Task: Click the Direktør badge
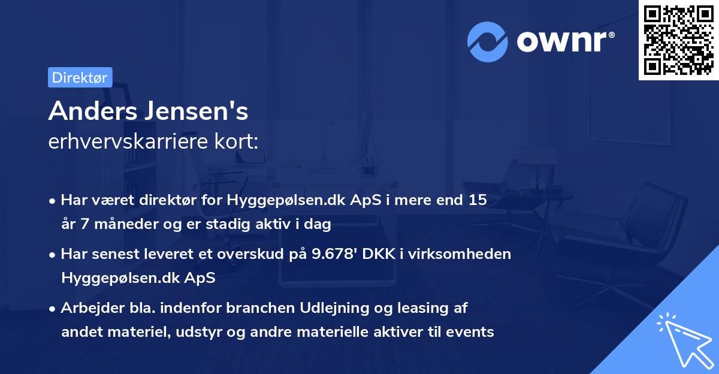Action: coord(80,77)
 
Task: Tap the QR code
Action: coord(678,40)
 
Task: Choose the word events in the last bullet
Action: coord(473,331)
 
